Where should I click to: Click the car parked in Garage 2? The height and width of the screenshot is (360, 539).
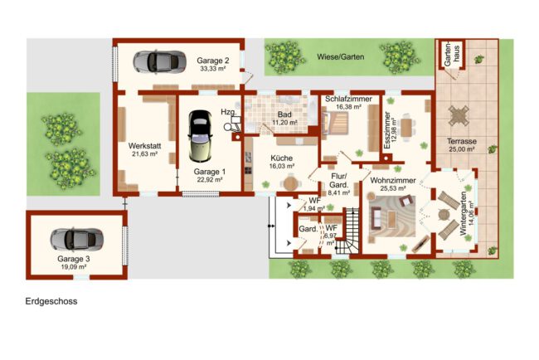160,62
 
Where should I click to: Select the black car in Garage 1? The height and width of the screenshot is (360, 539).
200,136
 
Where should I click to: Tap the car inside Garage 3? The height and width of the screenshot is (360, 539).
76,239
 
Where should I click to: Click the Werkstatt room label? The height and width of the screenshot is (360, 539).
145,146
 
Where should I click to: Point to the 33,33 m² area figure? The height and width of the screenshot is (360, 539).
213,69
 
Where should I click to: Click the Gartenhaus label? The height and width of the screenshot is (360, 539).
452,54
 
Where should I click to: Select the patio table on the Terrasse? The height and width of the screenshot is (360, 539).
459,115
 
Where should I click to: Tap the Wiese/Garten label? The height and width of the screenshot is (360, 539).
340,57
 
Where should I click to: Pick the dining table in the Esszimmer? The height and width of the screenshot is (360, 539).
406,127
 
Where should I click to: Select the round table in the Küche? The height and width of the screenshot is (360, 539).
290,182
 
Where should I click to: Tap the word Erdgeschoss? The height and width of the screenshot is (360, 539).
51,301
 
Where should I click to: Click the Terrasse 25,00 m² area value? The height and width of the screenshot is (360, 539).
462,149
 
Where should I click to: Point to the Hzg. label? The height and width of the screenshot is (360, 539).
229,112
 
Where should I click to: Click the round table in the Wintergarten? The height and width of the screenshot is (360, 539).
444,215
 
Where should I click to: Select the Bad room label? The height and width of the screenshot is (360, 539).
284,114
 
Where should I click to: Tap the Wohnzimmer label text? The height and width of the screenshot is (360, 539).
393,181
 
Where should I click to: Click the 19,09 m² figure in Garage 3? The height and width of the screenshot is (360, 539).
72,267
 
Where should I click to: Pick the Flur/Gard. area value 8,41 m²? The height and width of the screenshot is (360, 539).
339,193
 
